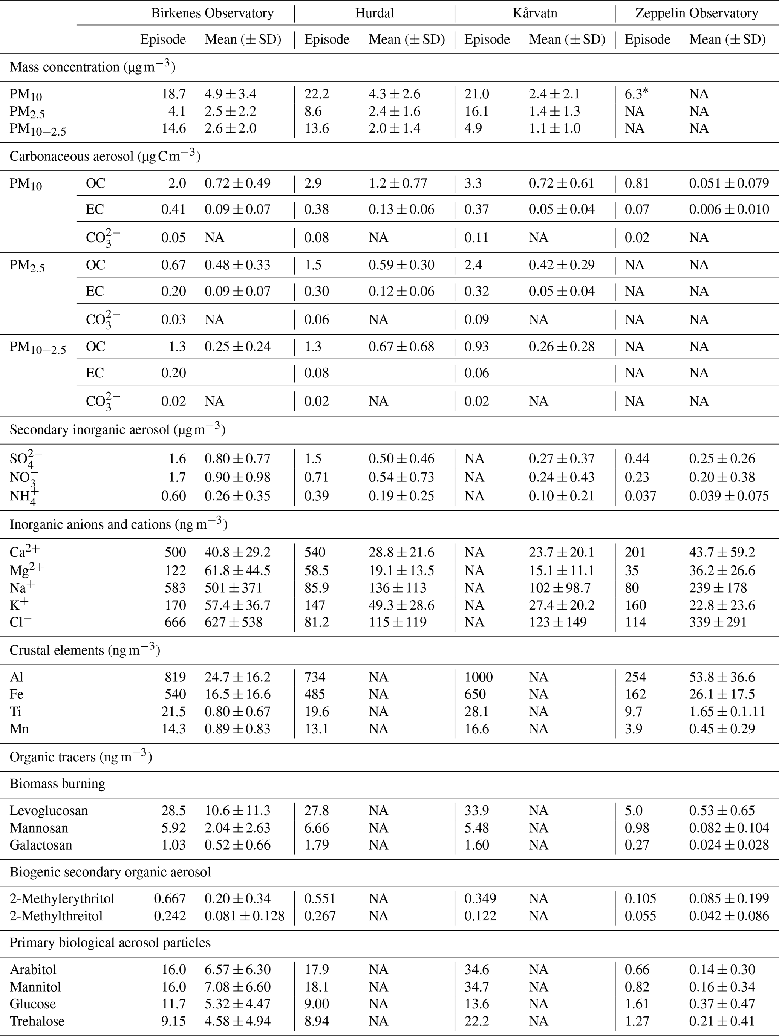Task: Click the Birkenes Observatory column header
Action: coord(212,13)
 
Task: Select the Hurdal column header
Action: coord(374,13)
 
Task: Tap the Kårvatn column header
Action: coord(534,13)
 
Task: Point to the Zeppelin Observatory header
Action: coord(696,13)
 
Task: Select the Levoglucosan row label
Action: coord(49,811)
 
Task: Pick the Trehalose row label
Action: coord(37,1021)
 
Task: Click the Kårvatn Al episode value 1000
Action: coord(478,677)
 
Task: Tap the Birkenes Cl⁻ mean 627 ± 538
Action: coord(233,622)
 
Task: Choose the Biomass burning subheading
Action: coord(57,784)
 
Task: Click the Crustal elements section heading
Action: coord(85,651)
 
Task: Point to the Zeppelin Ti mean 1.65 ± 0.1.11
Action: coord(727,712)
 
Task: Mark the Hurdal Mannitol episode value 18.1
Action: coord(317,987)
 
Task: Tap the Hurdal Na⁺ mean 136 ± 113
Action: coord(397,588)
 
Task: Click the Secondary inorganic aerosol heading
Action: coord(117,429)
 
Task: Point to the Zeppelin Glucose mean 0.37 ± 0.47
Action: coord(722,1004)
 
